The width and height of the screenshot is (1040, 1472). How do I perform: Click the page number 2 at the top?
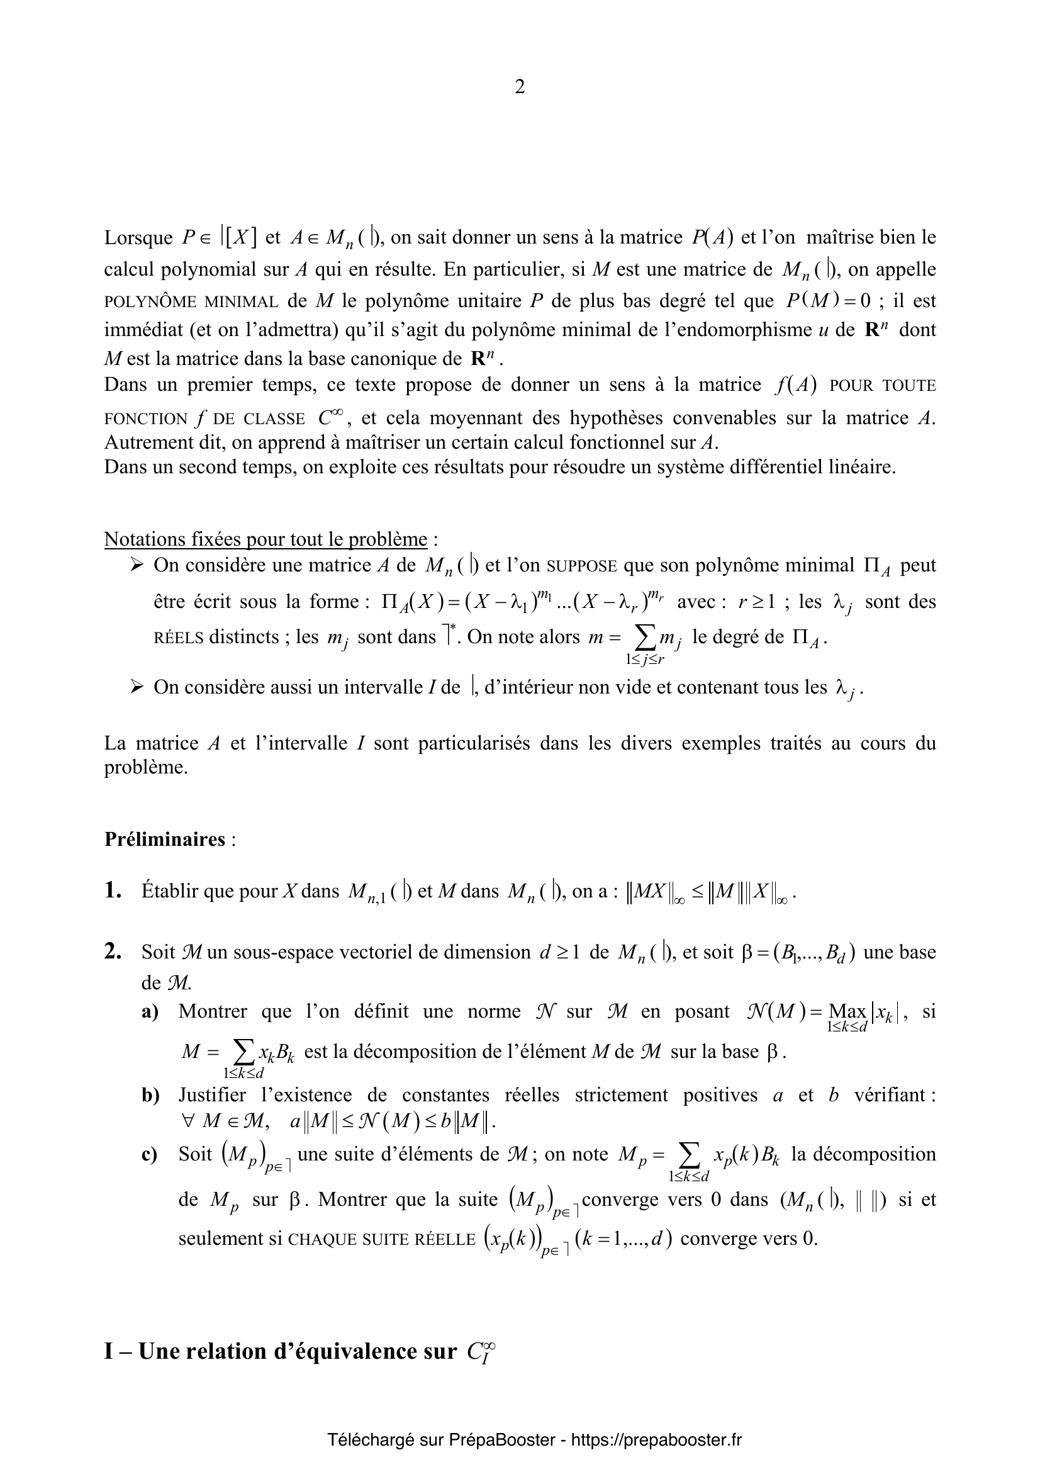(519, 87)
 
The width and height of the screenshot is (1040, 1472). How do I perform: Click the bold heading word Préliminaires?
(165, 840)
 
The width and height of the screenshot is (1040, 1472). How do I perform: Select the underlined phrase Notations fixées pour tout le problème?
(266, 539)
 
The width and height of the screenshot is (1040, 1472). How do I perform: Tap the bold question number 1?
(113, 891)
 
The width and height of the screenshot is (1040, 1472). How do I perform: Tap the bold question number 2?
(113, 952)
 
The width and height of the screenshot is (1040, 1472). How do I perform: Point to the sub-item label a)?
(150, 1012)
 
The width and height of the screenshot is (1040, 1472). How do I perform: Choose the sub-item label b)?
(150, 1095)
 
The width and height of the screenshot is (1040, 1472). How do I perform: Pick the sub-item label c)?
(150, 1155)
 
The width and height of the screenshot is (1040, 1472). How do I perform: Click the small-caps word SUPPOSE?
(583, 567)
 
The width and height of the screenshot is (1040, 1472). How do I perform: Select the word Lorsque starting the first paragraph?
(138, 238)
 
